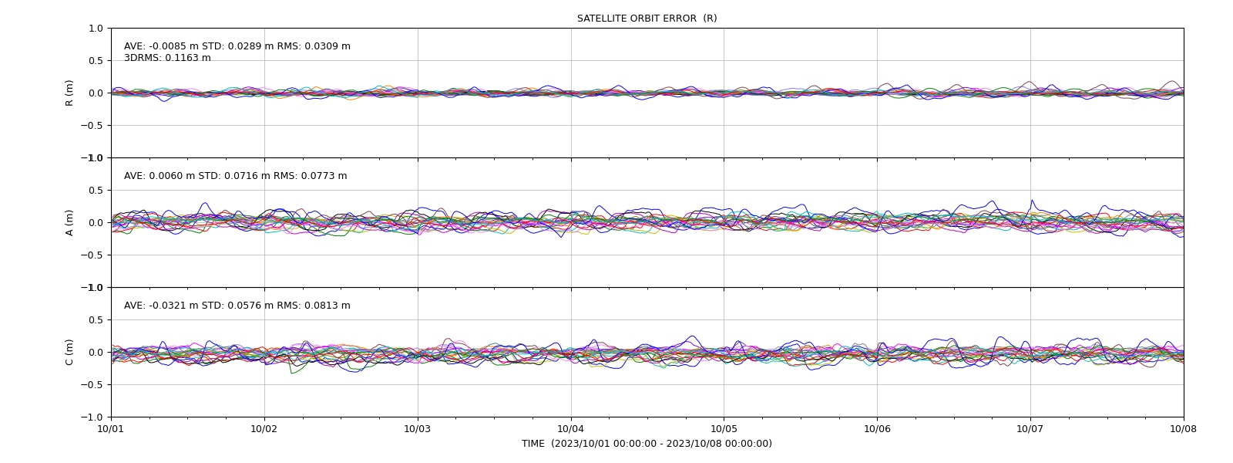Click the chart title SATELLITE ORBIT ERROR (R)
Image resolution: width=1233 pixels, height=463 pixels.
tap(647, 19)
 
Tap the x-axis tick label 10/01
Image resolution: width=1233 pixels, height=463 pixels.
tap(111, 429)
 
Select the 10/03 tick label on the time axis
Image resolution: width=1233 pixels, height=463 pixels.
tap(418, 429)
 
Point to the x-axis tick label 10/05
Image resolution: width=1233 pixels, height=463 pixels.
tap(724, 429)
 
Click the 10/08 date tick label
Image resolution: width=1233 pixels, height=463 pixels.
tap(1184, 429)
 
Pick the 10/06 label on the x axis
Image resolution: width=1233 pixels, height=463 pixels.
tap(877, 429)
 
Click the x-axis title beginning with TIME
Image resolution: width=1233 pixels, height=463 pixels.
tap(647, 444)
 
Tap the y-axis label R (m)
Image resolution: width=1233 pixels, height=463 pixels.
tap(69, 93)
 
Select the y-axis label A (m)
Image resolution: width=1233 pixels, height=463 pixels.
tap(69, 223)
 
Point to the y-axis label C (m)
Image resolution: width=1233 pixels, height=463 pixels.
tap(69, 352)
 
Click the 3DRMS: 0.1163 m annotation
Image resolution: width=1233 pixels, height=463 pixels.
tap(167, 58)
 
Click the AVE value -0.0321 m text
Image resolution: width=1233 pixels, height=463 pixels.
tap(173, 306)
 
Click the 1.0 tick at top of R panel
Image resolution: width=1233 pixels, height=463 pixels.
tap(96, 29)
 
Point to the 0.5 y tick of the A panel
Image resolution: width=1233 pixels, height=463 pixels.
tap(96, 190)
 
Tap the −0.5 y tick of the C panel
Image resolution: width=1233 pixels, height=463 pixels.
tap(92, 385)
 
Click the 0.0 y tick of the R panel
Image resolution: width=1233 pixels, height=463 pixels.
tap(96, 93)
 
